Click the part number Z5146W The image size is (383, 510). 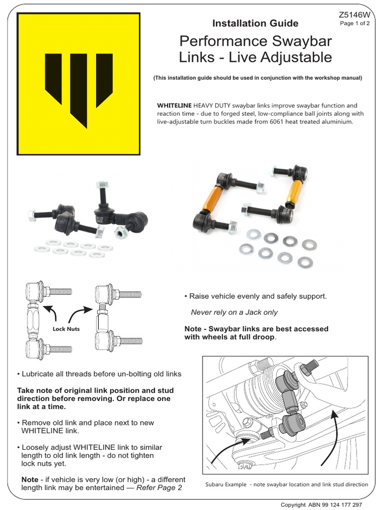pyautogui.click(x=354, y=15)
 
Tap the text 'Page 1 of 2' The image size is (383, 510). pyautogui.click(x=354, y=25)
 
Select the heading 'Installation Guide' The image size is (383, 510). pyautogui.click(x=255, y=23)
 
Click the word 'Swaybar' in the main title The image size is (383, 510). pyautogui.click(x=304, y=41)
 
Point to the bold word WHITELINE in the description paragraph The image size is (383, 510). pyautogui.click(x=175, y=106)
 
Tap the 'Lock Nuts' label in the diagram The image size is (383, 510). pyautogui.click(x=66, y=329)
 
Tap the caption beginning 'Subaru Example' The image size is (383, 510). pyautogui.click(x=286, y=484)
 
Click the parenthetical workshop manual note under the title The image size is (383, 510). pyautogui.click(x=258, y=78)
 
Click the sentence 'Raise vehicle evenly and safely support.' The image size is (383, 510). pyautogui.click(x=255, y=296)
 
